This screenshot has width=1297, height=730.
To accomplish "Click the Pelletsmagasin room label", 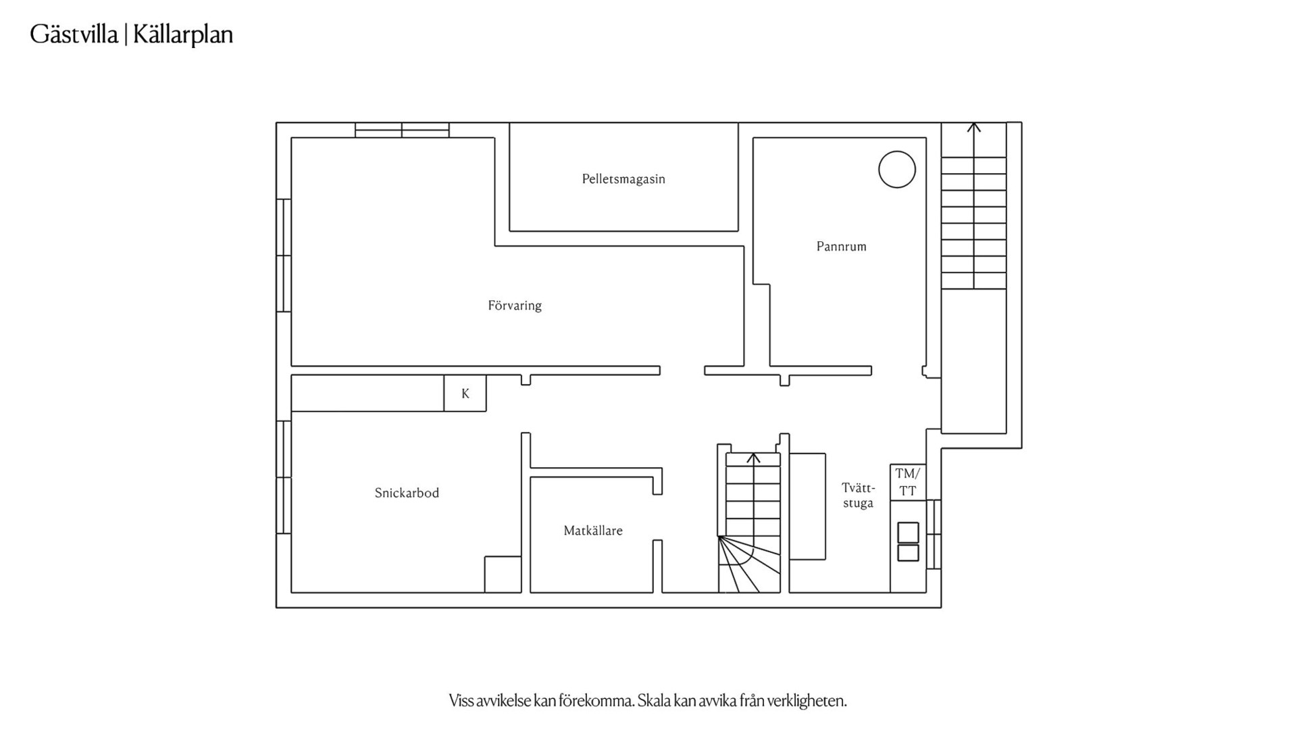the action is (x=624, y=179).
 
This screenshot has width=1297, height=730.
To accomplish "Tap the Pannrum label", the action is (x=841, y=246).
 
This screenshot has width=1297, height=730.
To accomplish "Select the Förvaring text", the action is (x=515, y=306).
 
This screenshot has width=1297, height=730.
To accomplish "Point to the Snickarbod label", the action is (x=407, y=493).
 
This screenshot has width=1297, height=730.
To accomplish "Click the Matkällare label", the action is (x=593, y=531).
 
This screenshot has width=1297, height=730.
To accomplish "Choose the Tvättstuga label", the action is (x=858, y=495).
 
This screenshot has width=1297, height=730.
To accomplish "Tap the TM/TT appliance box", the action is (x=908, y=482).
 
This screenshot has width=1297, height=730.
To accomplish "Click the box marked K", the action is (x=465, y=393).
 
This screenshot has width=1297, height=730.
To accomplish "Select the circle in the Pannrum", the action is (x=897, y=169).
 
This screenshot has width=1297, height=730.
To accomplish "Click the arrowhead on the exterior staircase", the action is (x=973, y=126).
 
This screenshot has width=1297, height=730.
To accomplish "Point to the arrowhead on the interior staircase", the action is (x=753, y=458).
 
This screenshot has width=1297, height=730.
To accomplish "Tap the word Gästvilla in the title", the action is (x=74, y=34).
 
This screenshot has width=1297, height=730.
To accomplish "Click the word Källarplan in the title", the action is (x=183, y=34).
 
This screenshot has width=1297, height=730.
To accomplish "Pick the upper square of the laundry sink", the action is (x=908, y=533).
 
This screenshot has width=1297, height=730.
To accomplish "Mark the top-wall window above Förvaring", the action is (x=402, y=130).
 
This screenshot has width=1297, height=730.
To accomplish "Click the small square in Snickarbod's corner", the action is (x=503, y=575).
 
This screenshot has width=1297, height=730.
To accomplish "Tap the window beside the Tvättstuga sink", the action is (x=934, y=534).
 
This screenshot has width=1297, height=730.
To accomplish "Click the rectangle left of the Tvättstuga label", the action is (x=807, y=506).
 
